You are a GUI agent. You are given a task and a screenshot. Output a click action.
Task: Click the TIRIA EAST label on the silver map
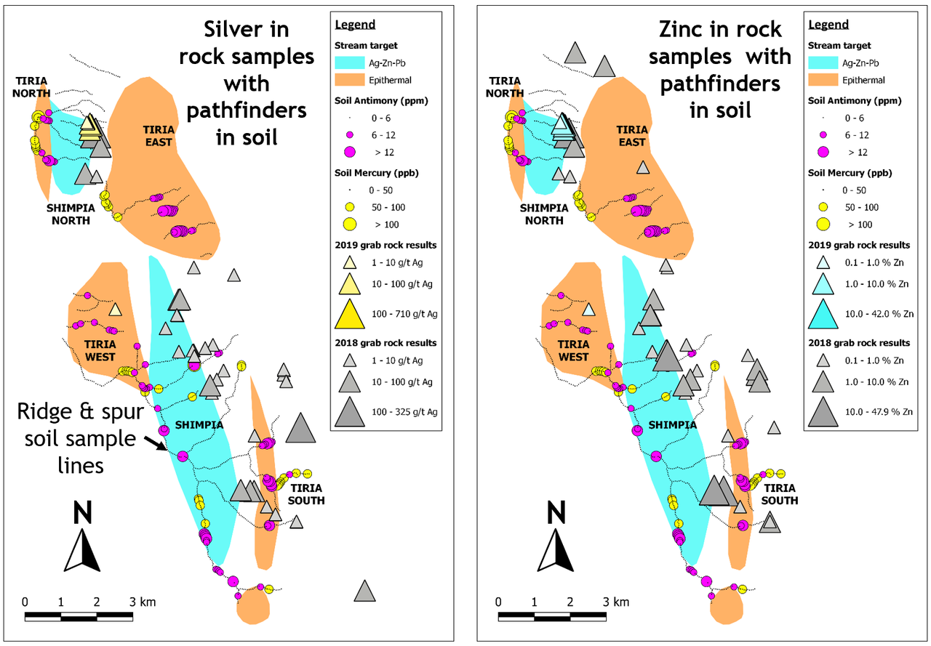coord(159,136)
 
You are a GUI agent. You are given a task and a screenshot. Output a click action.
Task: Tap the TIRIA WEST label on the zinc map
coord(573,351)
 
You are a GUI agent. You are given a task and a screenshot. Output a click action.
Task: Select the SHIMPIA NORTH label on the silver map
coord(71,214)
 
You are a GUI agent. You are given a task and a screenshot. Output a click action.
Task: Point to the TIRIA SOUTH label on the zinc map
coord(779,494)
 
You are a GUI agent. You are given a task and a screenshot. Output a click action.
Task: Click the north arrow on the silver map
coord(82,551)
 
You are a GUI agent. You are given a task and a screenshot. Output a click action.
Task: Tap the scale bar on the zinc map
coord(552,616)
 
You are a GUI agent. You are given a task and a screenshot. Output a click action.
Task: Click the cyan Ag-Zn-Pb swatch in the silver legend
coord(350,62)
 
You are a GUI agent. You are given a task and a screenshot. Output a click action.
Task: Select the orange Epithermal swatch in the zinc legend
coord(823,80)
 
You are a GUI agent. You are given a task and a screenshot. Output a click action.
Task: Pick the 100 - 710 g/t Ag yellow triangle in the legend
coord(350,315)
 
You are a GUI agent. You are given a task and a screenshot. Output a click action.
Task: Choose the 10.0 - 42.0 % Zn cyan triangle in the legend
coord(823,315)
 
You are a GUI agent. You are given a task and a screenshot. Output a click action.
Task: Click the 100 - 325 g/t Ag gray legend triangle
coord(350,412)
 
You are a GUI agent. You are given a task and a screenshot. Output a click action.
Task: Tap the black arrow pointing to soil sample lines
coord(156,443)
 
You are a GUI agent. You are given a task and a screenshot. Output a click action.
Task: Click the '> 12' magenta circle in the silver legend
coord(350,152)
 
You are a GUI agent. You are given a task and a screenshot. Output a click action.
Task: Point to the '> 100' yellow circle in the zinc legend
coord(823,225)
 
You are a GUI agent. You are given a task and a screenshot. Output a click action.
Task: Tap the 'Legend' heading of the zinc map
coord(828,25)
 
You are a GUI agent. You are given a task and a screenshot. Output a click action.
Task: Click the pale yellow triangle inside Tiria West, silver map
coord(115,310)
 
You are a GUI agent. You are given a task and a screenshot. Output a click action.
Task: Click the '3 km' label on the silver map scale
coord(143,602)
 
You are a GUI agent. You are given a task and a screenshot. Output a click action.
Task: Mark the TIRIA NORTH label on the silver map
coord(31,87)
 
